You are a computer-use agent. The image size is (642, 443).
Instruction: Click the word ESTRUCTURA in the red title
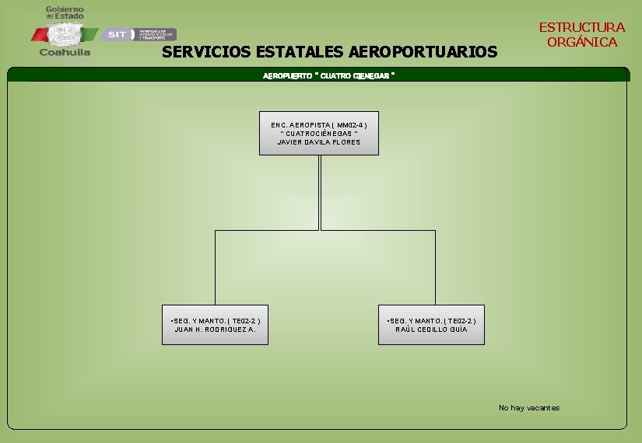(581, 27)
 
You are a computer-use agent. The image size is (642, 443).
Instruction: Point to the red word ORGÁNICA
(581, 42)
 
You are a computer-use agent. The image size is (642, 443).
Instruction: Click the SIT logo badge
(117, 34)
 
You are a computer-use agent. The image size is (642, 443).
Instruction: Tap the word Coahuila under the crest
(65, 54)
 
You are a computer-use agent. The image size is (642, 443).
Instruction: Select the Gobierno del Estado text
(65, 12)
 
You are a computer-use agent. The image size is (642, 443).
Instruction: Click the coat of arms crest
(65, 33)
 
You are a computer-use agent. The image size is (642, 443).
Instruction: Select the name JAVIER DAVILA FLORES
(319, 142)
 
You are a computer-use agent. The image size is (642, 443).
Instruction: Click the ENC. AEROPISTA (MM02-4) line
(319, 124)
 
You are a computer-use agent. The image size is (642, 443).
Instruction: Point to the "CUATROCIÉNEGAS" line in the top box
(319, 134)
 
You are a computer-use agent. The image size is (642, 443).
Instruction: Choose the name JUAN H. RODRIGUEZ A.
(215, 330)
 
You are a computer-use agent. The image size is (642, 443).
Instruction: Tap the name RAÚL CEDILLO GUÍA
(431, 330)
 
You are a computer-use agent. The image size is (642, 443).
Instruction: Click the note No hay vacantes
(528, 408)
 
